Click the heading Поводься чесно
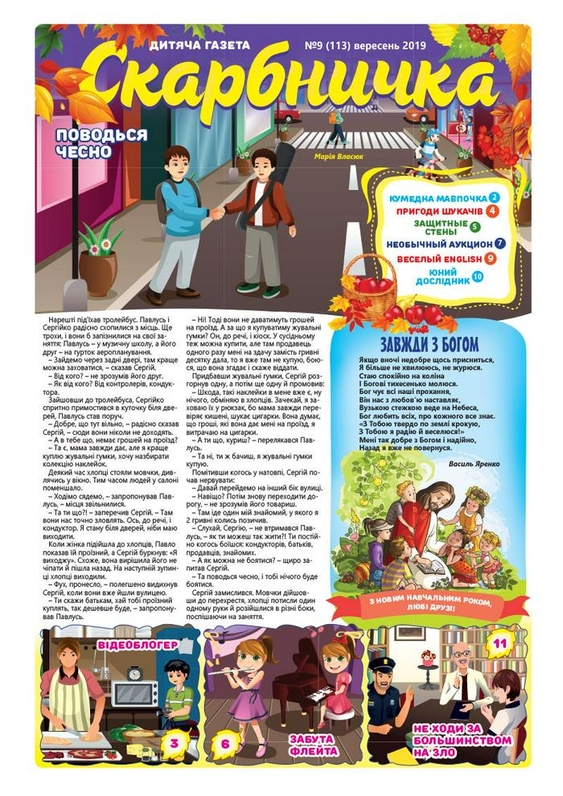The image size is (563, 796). tap(101, 143)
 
